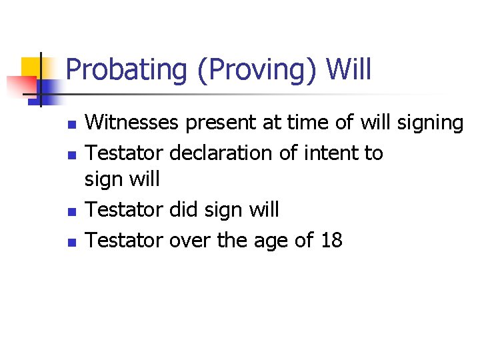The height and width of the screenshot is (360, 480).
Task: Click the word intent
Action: [330, 153]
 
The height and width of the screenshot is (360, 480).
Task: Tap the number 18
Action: [331, 239]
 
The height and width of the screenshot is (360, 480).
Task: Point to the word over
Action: [190, 240]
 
